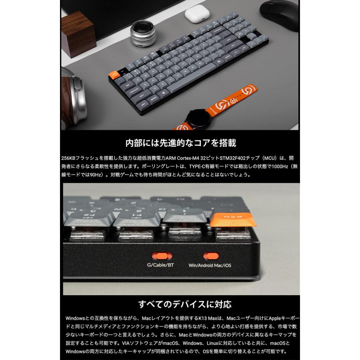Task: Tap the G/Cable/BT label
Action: point(160,265)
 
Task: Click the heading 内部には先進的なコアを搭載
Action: point(180,143)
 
